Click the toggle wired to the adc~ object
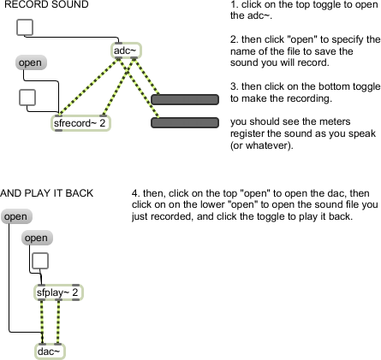pos(25,27)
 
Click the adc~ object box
pos(126,50)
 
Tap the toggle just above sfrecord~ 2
pos(27,97)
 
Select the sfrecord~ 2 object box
pos(80,123)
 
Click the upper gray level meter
pos(185,99)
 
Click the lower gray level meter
pos(185,122)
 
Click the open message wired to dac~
pos(16,216)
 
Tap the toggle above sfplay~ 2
pos(40,261)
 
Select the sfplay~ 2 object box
pos(58,292)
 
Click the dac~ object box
pos(50,351)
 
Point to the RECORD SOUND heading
pos(46,4)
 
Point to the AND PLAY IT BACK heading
pos(46,193)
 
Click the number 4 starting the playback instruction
pos(134,193)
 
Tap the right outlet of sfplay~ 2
pos(75,299)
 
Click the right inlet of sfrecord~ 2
pos(104,116)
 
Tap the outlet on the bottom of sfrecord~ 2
pos(58,130)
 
